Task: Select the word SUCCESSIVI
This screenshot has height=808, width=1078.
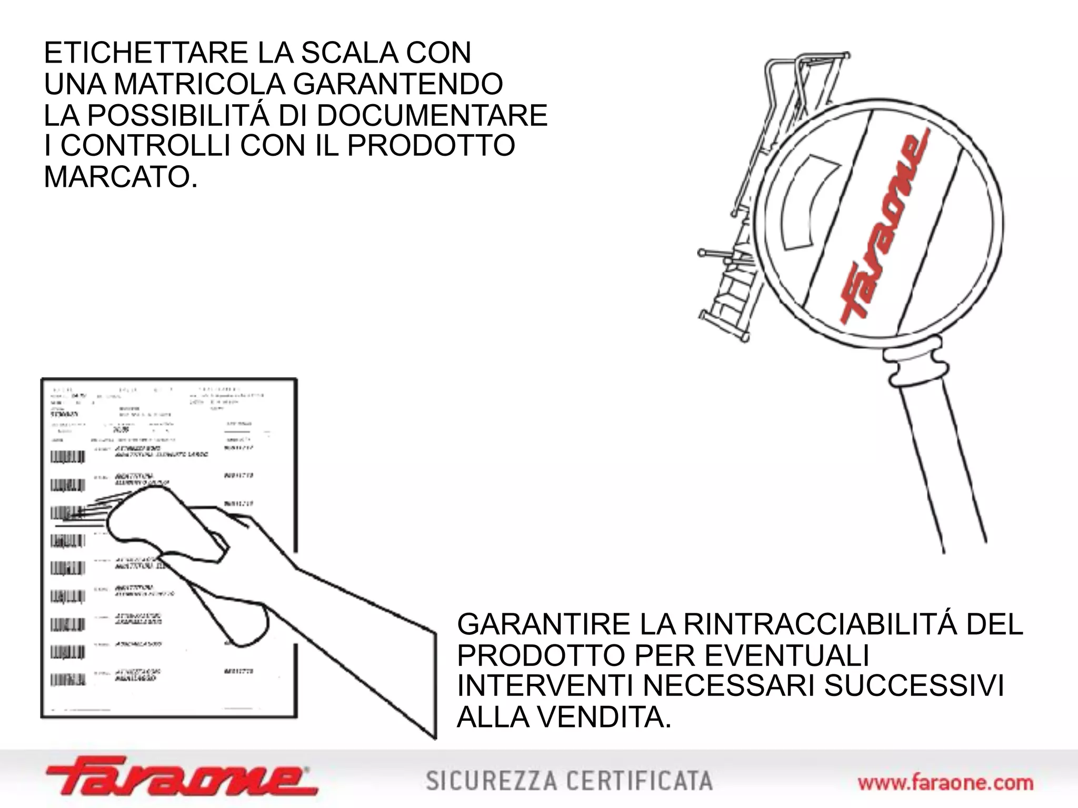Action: [x=914, y=686]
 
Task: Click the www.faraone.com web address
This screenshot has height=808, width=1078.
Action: [x=945, y=783]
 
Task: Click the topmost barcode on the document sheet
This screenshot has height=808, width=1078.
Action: [x=67, y=457]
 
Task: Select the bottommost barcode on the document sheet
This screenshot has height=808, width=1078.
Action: [x=67, y=680]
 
